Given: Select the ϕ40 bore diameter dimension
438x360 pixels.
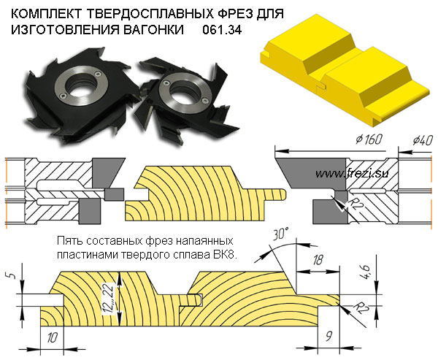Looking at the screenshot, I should tap(423, 139).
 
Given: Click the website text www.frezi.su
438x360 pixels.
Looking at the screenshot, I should tap(347, 173).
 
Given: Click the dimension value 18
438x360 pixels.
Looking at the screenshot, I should tap(318, 261).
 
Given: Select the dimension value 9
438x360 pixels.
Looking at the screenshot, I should tap(329, 338).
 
